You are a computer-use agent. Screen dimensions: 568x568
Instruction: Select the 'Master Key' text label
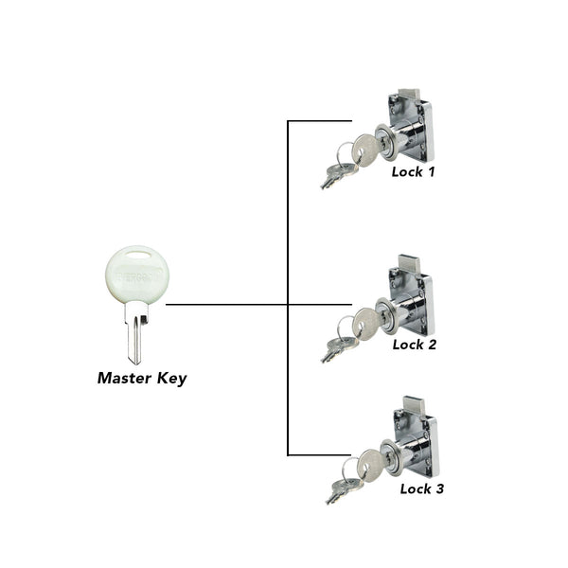click(142, 379)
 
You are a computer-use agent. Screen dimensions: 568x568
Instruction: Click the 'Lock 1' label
click(414, 172)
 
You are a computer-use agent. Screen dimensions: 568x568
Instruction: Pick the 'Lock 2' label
click(415, 345)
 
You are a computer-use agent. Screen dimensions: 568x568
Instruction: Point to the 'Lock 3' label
click(421, 488)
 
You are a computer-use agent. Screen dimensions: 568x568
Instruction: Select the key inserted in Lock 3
click(369, 464)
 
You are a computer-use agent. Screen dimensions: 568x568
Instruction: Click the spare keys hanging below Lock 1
click(338, 174)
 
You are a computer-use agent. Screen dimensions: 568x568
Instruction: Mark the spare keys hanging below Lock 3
click(342, 489)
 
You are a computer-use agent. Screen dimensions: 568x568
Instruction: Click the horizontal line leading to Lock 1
click(320, 121)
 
